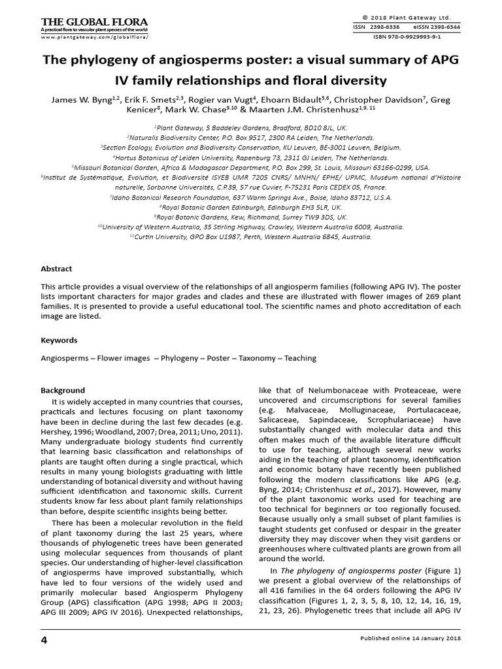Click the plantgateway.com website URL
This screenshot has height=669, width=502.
[94, 38]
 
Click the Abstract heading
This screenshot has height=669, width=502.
[57, 269]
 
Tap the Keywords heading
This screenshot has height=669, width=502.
[59, 340]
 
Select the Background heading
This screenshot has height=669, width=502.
[63, 390]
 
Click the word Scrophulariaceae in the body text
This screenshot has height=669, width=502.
[392, 419]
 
